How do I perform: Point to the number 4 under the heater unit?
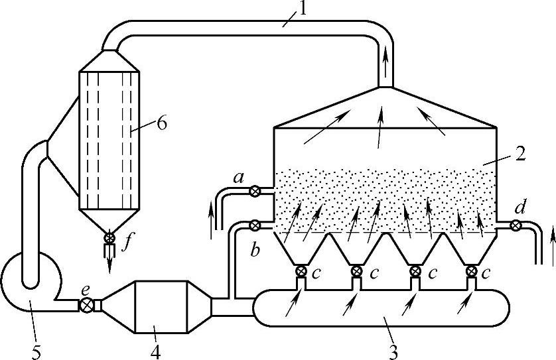155,349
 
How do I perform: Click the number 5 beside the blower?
36,349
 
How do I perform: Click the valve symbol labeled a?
255,192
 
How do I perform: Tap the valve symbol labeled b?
255,225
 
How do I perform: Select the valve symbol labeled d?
515,225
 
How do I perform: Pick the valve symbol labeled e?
86,305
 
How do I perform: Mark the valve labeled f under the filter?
109,237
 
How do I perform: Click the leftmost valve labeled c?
301,270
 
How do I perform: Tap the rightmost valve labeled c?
472,270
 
